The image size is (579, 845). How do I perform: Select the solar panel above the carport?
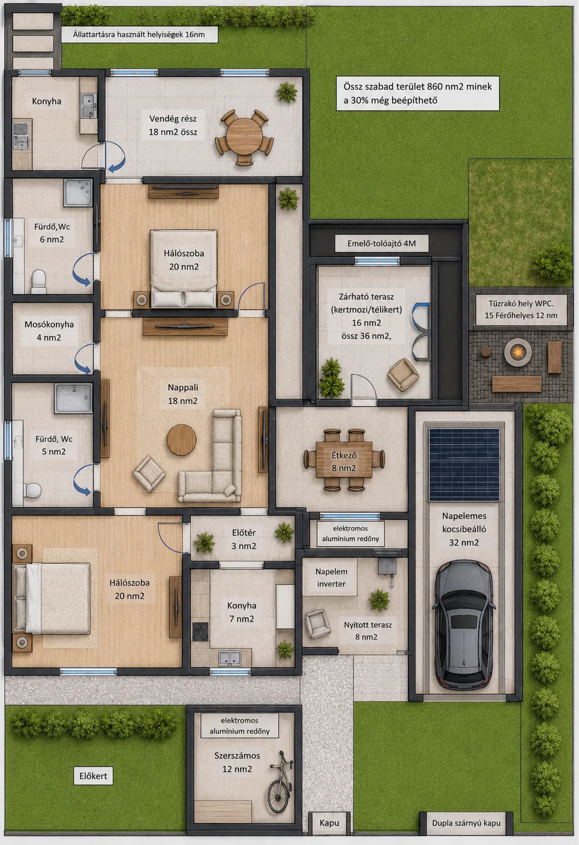pos(464,464)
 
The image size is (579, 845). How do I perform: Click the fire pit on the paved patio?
pos(518,352)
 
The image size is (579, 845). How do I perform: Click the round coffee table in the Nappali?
pos(181,439)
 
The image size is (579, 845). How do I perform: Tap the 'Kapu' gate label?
pos(329,823)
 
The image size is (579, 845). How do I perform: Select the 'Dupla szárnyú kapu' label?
pos(466,823)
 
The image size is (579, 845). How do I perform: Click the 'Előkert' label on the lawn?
pos(93,776)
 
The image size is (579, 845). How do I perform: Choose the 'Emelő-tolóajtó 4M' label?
pos(382,244)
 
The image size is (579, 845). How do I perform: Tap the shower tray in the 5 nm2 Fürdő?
pos(73,398)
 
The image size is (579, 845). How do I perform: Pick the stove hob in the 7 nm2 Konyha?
pos(200,632)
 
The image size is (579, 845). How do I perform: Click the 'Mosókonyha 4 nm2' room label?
pos(49,331)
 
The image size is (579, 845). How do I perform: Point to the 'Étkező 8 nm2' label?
pos(344,462)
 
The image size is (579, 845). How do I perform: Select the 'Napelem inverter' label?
pos(331,577)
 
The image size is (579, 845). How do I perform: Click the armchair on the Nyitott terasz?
pos(317,624)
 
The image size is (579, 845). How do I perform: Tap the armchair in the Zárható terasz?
pos(403,374)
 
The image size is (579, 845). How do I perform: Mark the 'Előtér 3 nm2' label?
pos(244,539)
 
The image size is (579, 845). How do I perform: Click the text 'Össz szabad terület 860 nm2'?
pos(417,86)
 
